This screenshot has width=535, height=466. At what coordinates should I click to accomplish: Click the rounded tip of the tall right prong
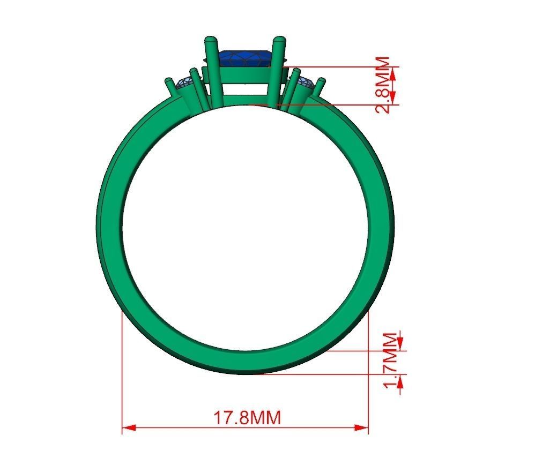279,40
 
